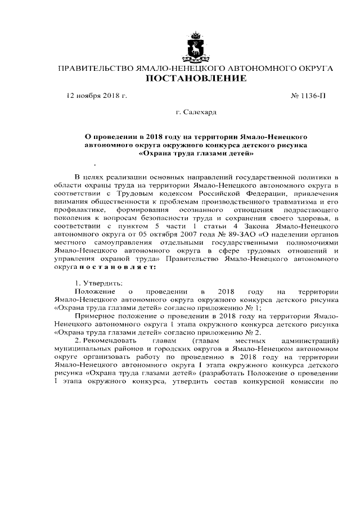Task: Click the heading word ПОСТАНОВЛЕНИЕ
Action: tap(196, 79)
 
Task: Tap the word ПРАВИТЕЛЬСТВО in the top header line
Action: tap(93, 68)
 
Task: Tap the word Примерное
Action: tap(94, 317)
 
